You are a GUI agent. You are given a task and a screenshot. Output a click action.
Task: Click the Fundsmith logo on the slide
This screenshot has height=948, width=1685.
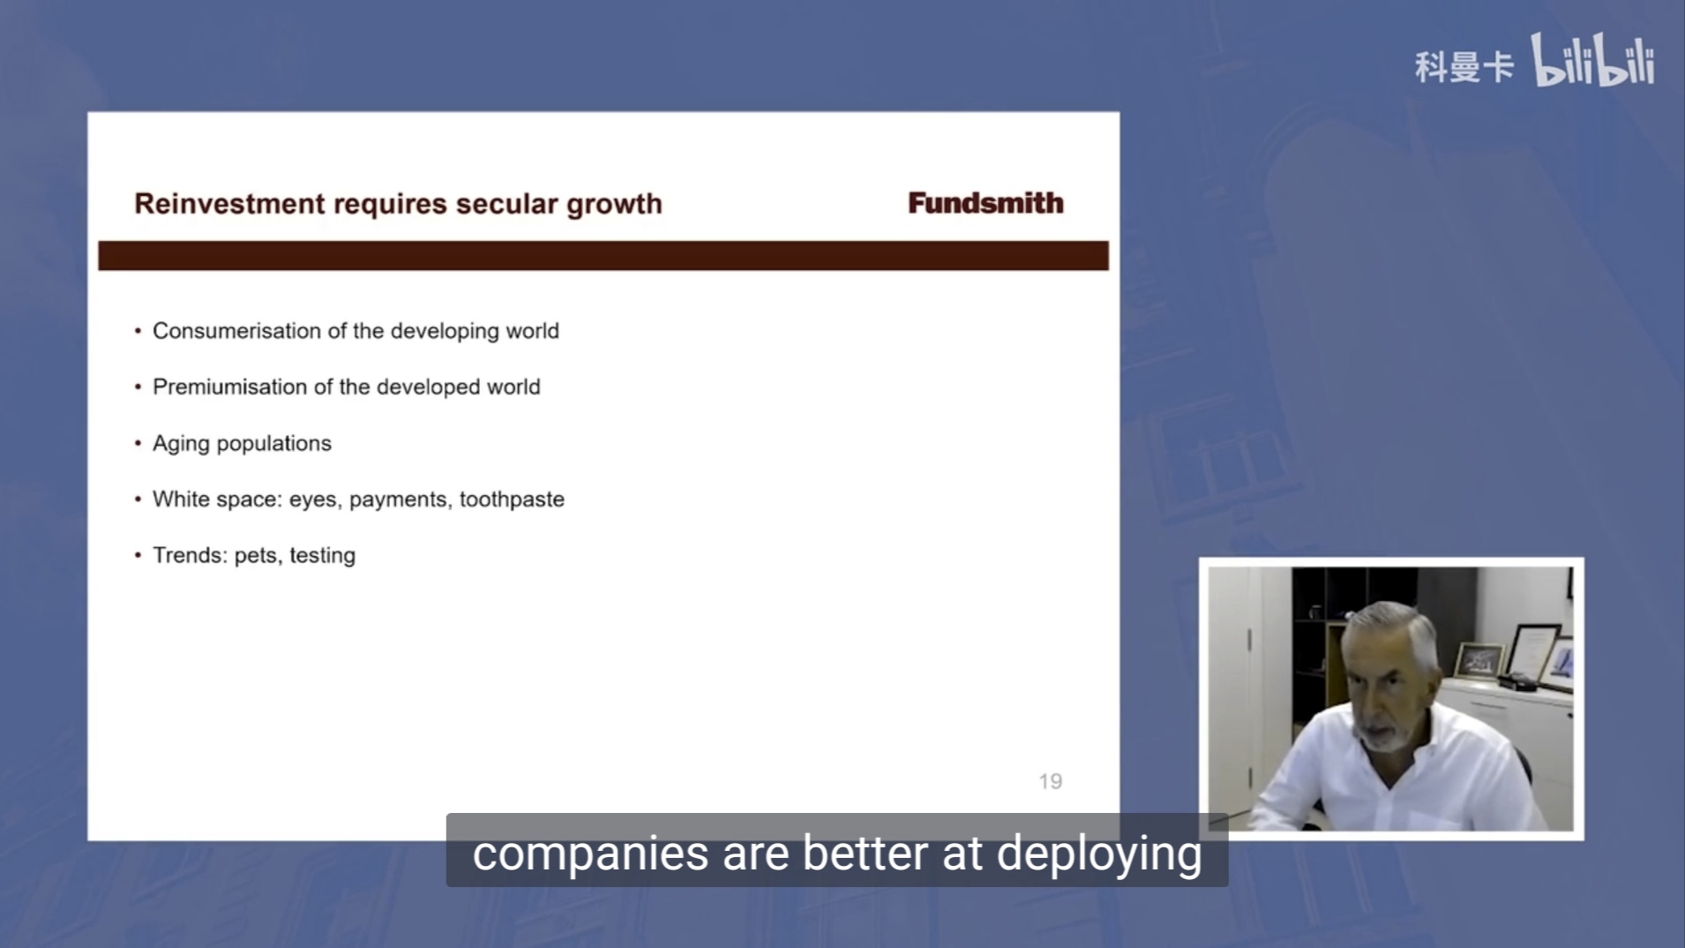pos(985,203)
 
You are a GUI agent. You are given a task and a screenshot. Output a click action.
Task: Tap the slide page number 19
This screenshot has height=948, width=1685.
pos(1050,781)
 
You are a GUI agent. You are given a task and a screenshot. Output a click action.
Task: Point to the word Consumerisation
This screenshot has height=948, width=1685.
pos(236,331)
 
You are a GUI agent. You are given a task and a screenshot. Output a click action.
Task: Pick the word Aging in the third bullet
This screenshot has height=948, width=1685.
pos(181,444)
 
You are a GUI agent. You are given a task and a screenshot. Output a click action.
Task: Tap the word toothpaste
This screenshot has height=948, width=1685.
pos(512,500)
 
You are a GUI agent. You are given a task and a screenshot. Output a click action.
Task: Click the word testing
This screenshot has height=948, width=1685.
pos(322,556)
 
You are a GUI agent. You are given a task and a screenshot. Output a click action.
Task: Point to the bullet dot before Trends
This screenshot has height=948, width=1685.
pos(138,555)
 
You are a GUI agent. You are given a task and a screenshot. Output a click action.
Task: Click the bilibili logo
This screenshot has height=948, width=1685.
pos(1592,60)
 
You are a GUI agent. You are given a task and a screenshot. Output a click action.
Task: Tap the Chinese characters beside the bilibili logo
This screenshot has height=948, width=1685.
pos(1464,67)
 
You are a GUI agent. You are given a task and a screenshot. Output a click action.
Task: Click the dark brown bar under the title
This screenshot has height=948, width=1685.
pos(603,256)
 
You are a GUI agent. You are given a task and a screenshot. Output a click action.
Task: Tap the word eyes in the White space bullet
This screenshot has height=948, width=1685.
pos(313,500)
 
